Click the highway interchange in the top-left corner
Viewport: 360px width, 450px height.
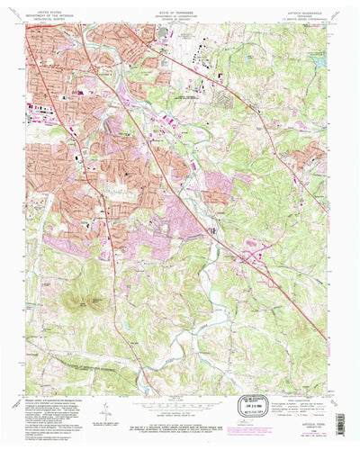click(x=31, y=31)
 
